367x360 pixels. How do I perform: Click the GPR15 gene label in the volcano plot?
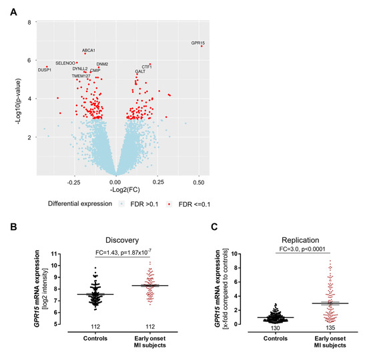click(198, 43)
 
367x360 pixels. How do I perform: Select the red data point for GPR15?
click(201, 46)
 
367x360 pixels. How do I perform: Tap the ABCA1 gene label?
click(89, 50)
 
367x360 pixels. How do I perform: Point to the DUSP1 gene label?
click(45, 69)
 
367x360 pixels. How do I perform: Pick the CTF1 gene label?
click(147, 67)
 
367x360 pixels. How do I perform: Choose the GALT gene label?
click(140, 71)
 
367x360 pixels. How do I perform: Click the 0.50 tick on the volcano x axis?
click(198, 181)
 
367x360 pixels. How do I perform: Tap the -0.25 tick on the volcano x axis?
click(73, 181)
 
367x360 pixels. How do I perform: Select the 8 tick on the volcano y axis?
click(29, 23)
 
